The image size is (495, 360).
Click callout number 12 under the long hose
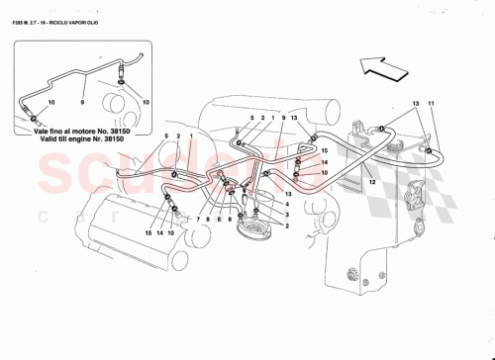tap(372, 180)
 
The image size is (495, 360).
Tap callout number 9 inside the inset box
tap(82, 103)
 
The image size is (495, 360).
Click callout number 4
tap(288, 204)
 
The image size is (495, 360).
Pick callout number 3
tap(288, 215)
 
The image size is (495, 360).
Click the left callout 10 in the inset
tap(51, 103)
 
